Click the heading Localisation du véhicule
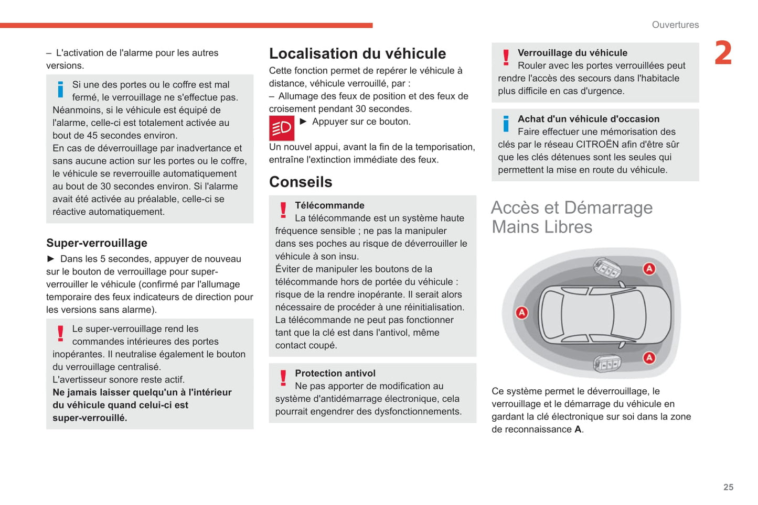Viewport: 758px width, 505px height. (357, 53)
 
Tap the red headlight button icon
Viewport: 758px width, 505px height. (282, 128)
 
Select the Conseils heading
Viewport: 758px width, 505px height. (301, 182)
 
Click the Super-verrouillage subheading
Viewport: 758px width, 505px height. (97, 243)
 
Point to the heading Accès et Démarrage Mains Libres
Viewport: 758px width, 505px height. (572, 217)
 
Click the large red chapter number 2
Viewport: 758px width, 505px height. (723, 53)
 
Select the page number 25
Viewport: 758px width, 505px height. (728, 487)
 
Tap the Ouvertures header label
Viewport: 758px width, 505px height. (675, 25)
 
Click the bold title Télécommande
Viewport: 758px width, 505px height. (329, 205)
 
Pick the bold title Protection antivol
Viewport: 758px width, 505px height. (335, 374)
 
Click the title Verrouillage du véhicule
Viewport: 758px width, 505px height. (572, 53)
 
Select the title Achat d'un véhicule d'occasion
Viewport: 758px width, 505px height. (589, 119)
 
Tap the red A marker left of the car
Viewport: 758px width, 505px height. (521, 313)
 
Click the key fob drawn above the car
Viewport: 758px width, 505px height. (607, 268)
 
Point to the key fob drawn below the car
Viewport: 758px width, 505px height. (607, 363)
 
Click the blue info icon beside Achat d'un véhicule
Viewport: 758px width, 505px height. (506, 124)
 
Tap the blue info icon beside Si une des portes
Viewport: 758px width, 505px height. (60, 90)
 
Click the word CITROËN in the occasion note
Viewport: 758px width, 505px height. (597, 145)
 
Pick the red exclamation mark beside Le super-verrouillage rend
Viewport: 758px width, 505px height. (60, 333)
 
